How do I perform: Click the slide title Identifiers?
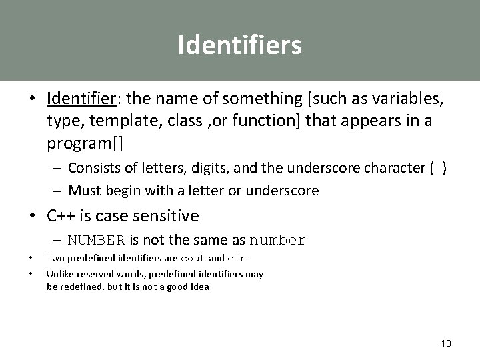(x=239, y=45)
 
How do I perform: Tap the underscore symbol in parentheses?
(x=437, y=168)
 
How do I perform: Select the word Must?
(x=84, y=191)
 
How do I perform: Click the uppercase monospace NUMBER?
(x=97, y=241)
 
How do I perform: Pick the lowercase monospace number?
(x=277, y=241)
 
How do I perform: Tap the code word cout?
(x=192, y=259)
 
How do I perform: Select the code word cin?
(x=237, y=259)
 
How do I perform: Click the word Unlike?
(x=59, y=273)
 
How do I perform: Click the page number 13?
(x=446, y=343)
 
